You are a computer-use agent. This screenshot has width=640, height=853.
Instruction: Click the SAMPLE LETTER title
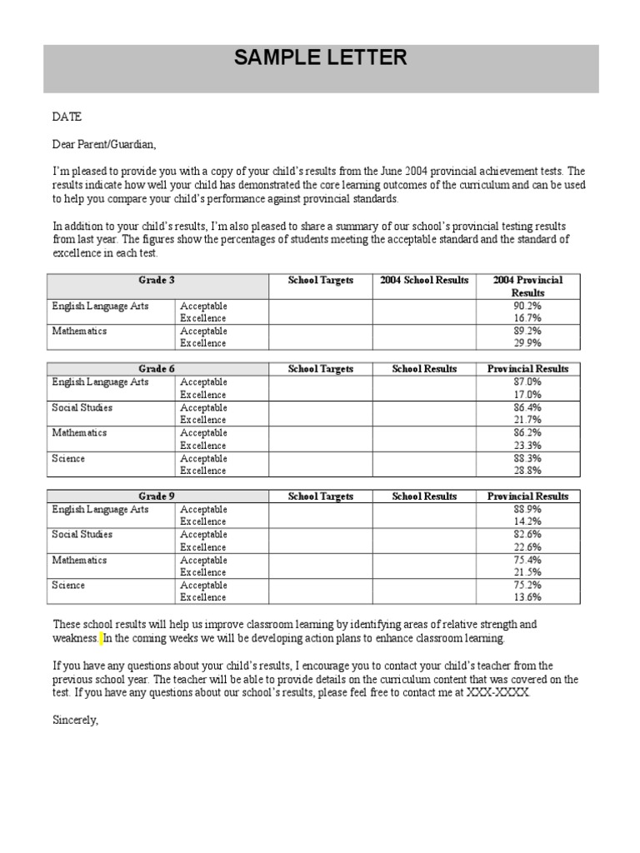pyautogui.click(x=321, y=57)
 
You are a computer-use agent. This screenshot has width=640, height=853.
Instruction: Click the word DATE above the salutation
pyautogui.click(x=67, y=117)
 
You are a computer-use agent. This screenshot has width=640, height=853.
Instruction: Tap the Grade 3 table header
pyautogui.click(x=157, y=280)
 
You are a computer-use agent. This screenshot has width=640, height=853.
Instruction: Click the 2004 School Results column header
pyautogui.click(x=424, y=280)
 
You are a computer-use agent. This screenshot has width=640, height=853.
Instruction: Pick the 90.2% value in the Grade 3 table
pyautogui.click(x=527, y=306)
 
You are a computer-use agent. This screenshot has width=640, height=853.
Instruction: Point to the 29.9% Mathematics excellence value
pyautogui.click(x=527, y=342)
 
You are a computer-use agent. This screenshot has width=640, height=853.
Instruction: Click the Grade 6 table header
pyautogui.click(x=157, y=368)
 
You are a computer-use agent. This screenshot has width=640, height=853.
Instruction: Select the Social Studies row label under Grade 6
pyautogui.click(x=82, y=407)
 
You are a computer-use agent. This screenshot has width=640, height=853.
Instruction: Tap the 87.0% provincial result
pyautogui.click(x=527, y=382)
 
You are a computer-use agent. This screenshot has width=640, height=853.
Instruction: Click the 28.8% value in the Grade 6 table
pyautogui.click(x=527, y=471)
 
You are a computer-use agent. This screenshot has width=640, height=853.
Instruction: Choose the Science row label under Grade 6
pyautogui.click(x=68, y=458)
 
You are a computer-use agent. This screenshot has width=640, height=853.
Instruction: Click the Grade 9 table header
pyautogui.click(x=157, y=496)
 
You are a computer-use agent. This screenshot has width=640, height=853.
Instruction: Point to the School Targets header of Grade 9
pyautogui.click(x=321, y=496)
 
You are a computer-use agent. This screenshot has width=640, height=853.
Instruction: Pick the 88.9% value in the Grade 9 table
pyautogui.click(x=527, y=509)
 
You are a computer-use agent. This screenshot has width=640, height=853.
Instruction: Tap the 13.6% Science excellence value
pyautogui.click(x=527, y=597)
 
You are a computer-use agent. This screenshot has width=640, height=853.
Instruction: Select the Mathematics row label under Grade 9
pyautogui.click(x=79, y=560)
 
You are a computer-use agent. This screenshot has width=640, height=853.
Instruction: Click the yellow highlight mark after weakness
pyautogui.click(x=101, y=639)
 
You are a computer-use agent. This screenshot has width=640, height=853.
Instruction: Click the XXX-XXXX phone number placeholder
pyautogui.click(x=497, y=693)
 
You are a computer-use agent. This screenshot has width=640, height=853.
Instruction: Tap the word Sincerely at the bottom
pyautogui.click(x=76, y=719)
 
